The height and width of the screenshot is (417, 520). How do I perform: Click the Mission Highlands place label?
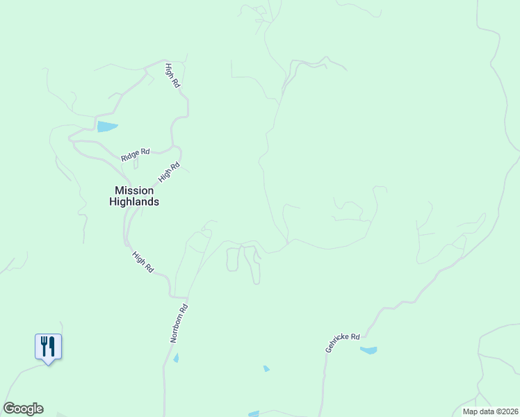134,196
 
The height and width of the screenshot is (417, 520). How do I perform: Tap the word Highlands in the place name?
134,202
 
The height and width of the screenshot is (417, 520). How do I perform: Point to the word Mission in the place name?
134,190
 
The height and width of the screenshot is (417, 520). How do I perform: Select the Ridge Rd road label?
135,154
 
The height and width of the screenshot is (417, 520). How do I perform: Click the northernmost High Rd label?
173,74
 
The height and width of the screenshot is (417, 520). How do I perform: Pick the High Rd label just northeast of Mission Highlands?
169,172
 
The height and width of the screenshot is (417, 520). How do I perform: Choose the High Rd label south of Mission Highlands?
143,262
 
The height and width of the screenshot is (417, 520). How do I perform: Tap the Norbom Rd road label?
179,323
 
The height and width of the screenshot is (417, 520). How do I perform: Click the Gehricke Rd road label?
342,343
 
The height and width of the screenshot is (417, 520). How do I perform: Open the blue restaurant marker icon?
48,346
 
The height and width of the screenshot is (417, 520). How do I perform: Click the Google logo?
23,409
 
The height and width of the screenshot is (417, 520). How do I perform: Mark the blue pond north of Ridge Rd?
107,126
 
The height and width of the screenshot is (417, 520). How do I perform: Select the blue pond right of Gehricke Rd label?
368,350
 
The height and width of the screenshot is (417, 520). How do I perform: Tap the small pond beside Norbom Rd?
176,358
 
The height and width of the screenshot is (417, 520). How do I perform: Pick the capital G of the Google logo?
9,409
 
